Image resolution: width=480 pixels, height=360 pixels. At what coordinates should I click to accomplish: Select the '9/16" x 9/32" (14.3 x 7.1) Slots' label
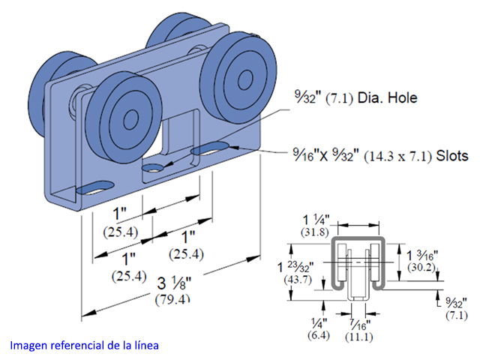[x=379, y=156]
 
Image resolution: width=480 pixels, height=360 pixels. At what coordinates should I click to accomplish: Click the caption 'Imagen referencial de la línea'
[x=84, y=346]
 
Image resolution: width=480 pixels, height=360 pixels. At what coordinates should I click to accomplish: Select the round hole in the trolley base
[x=155, y=167]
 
